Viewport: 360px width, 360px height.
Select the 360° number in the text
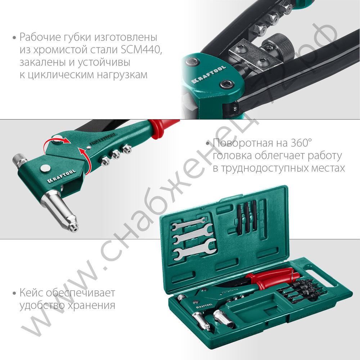300,143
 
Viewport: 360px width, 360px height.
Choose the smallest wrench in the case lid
187,225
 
